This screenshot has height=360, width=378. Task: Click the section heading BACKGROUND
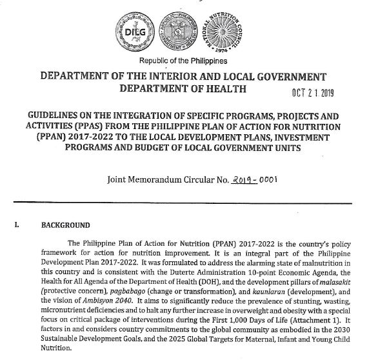(66, 225)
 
